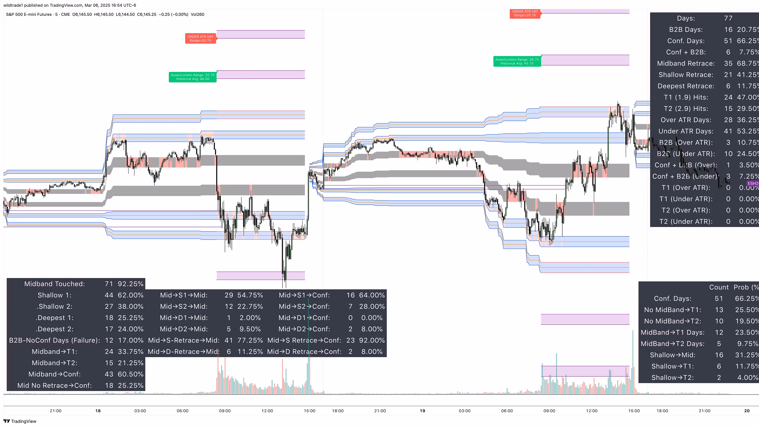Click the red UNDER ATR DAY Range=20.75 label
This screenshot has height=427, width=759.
(x=200, y=39)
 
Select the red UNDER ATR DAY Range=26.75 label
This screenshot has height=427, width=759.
(x=525, y=13)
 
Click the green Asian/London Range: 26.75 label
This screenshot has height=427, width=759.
(x=517, y=61)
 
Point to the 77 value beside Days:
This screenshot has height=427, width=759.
(x=728, y=18)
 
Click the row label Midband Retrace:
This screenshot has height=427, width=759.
(x=686, y=63)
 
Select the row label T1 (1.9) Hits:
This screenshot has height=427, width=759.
(x=686, y=97)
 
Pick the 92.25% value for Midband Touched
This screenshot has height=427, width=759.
(x=130, y=284)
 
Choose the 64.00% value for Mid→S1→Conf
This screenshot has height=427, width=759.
(x=372, y=295)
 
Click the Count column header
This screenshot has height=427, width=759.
(x=719, y=287)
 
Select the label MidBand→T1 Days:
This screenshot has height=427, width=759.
(x=672, y=332)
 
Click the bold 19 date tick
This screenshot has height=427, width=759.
(x=422, y=411)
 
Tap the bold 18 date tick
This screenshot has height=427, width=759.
(x=98, y=411)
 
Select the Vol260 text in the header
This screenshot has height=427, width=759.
(x=197, y=14)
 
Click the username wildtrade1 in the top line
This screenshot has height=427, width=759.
(x=13, y=5)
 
